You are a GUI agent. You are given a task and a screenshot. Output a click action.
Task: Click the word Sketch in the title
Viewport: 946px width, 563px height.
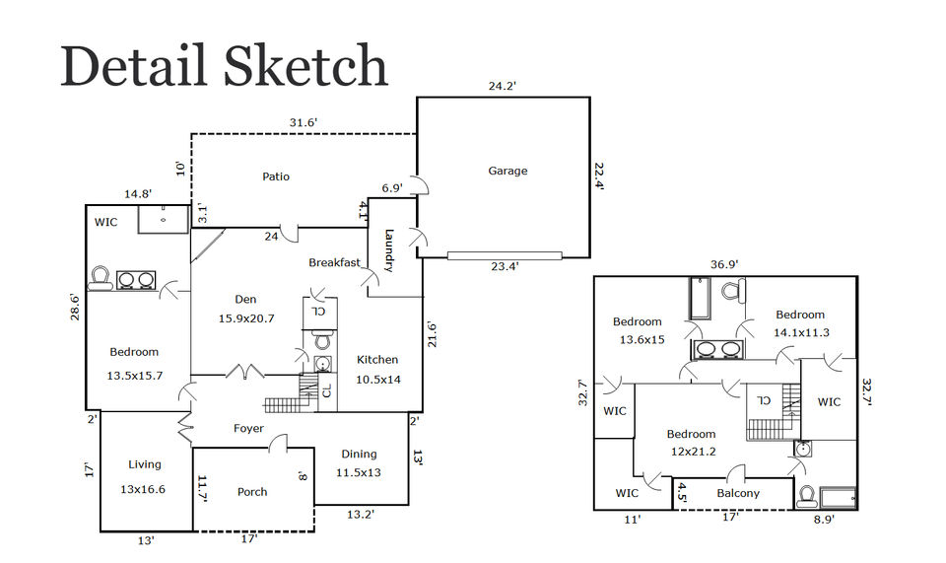click(x=305, y=65)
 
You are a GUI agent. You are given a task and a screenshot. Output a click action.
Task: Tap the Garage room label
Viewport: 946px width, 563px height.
click(x=507, y=171)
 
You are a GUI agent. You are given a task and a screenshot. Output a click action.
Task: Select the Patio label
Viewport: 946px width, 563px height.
click(x=276, y=176)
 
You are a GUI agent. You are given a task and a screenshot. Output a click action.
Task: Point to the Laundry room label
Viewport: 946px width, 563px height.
click(x=389, y=250)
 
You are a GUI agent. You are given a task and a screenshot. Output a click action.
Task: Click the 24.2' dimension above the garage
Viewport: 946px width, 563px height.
click(x=502, y=87)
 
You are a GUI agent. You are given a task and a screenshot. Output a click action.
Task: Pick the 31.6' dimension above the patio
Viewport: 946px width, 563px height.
click(x=303, y=123)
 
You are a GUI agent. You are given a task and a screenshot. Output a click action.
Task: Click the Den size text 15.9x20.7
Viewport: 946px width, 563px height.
click(x=246, y=318)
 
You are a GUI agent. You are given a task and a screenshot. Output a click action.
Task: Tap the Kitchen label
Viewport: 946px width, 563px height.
click(x=377, y=360)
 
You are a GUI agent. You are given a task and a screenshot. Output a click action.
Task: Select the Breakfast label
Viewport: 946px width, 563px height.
click(x=334, y=262)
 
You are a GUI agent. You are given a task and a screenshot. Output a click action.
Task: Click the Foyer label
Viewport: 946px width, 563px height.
click(x=248, y=429)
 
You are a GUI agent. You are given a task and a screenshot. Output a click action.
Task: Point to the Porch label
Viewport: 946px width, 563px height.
click(x=252, y=492)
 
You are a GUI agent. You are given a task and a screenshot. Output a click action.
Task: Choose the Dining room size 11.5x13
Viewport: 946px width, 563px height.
click(x=359, y=472)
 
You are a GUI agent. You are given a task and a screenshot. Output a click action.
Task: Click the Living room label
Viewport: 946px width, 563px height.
click(x=144, y=464)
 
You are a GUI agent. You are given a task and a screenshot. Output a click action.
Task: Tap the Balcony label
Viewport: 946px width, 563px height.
click(x=738, y=493)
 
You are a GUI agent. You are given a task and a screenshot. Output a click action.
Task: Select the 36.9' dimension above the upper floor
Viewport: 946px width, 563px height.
click(x=724, y=264)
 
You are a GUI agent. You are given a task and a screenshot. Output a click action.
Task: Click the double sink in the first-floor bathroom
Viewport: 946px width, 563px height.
click(x=136, y=280)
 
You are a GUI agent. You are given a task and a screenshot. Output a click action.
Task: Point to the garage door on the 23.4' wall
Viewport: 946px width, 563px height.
click(x=505, y=255)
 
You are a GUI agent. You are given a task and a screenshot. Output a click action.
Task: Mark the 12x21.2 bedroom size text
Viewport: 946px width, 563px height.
click(x=693, y=452)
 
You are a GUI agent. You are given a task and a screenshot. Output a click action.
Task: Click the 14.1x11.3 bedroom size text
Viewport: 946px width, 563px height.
click(x=801, y=332)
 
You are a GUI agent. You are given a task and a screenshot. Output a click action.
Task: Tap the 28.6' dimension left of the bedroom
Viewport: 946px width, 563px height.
click(x=75, y=307)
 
